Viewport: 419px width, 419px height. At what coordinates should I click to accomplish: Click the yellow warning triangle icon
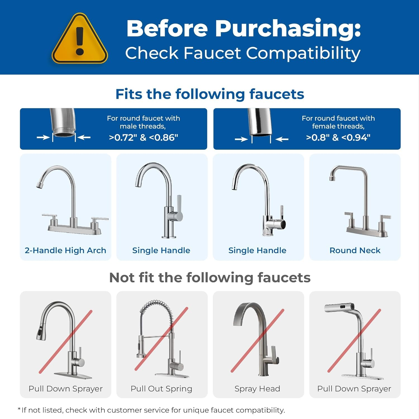tap(80, 39)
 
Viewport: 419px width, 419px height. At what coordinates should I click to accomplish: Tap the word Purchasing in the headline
tap(288, 28)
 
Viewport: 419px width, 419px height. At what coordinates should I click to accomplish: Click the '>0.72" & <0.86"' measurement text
tap(143, 137)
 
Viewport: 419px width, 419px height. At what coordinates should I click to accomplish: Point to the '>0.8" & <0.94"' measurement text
tap(338, 137)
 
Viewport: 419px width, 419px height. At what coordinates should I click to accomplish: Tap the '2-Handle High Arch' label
tap(65, 250)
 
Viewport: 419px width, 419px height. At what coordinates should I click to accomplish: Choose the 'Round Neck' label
tap(355, 250)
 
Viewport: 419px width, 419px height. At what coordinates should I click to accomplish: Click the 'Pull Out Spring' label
tap(161, 389)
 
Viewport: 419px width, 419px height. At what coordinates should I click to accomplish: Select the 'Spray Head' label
tap(257, 389)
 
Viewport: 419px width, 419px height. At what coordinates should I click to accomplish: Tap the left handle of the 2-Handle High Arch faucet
tap(50, 216)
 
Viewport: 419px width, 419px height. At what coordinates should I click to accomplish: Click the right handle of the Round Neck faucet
tap(385, 217)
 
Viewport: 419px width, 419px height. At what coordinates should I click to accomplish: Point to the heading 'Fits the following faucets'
tap(209, 94)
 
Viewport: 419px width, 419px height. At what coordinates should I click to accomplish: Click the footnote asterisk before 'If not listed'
tap(19, 409)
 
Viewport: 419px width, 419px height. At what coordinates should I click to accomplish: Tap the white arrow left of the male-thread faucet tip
tap(43, 137)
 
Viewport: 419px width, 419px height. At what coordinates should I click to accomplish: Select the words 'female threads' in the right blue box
tap(338, 126)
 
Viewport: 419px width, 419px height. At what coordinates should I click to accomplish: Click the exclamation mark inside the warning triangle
tap(80, 41)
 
